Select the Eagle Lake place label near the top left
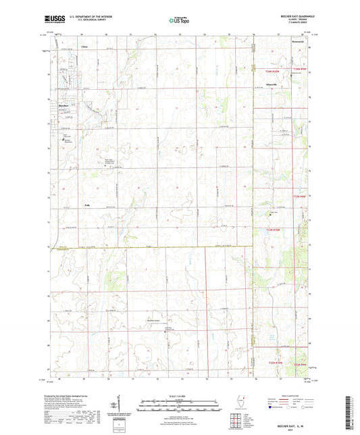coord(84,47)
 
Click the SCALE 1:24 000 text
coord(180,396)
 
